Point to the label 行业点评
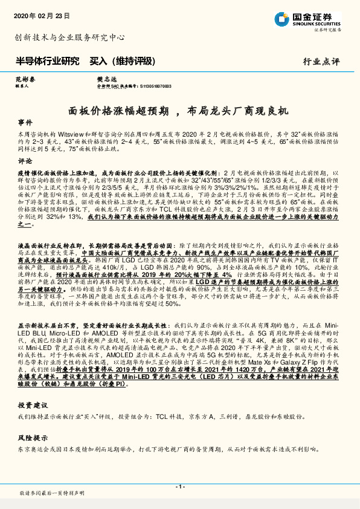(x=321, y=61)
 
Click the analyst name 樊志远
(x=89, y=79)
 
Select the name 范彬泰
(x=22, y=79)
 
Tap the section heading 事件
(x=25, y=122)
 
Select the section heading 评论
(x=25, y=162)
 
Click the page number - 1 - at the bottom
(x=179, y=487)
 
